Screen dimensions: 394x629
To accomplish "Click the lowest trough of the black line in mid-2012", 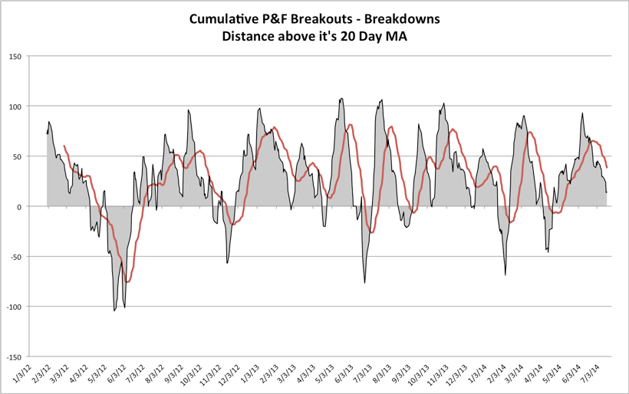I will coord(115,310).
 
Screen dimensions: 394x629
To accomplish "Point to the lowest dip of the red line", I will coord(127,282).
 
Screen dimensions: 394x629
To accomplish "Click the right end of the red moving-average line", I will coord(607,167).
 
